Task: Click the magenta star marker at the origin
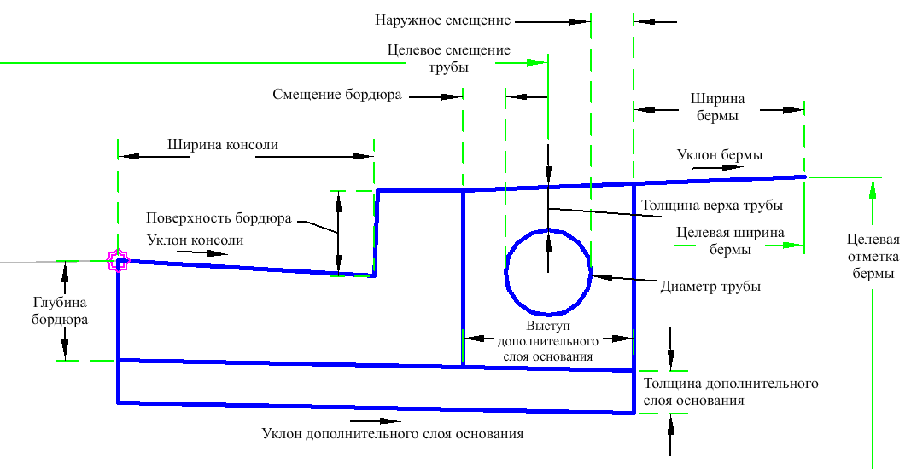118,260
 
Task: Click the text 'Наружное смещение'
442,19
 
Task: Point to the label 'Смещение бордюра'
337,95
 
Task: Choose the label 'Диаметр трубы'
710,287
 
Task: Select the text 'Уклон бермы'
720,155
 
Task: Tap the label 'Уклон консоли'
195,240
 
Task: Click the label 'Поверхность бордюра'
219,218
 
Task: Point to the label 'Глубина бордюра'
60,310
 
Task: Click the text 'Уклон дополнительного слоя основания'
392,434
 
